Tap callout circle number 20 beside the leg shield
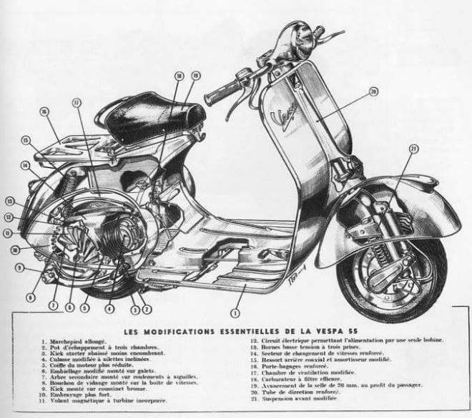tap(373, 91)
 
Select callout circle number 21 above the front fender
tap(413, 149)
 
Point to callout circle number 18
tap(179, 75)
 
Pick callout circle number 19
tap(195, 75)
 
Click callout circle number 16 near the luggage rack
tap(44, 111)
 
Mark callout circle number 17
tap(77, 103)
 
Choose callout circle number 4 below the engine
tap(109, 309)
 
